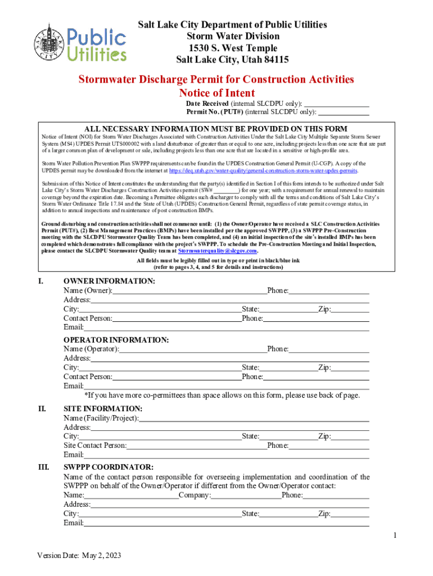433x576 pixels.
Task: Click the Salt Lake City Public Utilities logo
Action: [80, 43]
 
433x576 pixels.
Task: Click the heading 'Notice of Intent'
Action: [216, 93]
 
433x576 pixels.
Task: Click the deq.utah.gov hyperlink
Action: [263, 170]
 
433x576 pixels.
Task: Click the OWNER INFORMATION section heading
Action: [109, 281]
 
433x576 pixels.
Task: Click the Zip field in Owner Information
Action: [350, 309]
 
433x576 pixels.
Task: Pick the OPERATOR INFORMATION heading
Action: [116, 340]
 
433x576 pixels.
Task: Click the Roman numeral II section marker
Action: [42, 409]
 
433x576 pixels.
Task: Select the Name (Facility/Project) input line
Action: [254, 418]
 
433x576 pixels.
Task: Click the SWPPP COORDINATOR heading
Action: [108, 467]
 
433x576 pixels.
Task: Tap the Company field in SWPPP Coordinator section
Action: [246, 496]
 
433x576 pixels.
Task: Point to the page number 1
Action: [396, 535]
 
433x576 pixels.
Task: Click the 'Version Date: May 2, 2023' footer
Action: [79, 556]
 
